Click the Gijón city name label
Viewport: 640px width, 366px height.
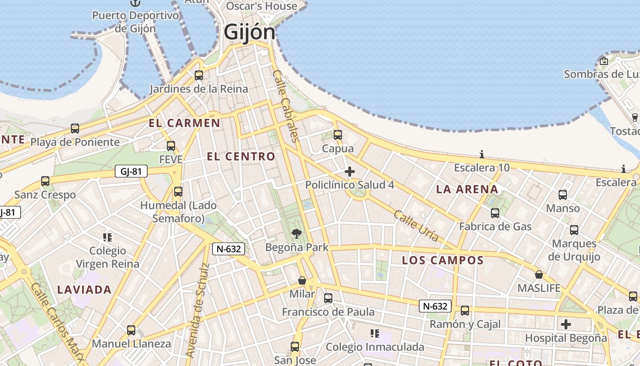[250, 32]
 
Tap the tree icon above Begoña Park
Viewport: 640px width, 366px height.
[297, 234]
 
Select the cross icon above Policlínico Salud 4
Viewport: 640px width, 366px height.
[350, 172]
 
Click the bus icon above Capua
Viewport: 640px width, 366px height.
[338, 135]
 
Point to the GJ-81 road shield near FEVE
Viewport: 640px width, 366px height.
[131, 172]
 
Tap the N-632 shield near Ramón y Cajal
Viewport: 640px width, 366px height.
[435, 306]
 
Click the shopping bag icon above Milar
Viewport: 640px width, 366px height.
[302, 280]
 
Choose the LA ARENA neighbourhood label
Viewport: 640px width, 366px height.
[467, 189]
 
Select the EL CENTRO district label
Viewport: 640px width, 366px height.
[241, 156]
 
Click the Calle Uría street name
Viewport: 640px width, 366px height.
[416, 226]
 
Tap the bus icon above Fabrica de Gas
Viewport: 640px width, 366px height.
[495, 213]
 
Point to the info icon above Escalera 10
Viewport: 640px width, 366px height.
[481, 154]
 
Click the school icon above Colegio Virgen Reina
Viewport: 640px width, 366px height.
[107, 237]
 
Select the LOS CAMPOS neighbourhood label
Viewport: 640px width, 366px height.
[443, 260]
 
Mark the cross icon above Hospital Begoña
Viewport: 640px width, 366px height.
[566, 325]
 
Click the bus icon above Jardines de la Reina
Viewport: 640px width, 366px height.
[199, 75]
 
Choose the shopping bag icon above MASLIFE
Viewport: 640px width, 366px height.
[539, 274]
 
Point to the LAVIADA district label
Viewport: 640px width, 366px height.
[85, 290]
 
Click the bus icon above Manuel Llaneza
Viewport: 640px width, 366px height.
[131, 330]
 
